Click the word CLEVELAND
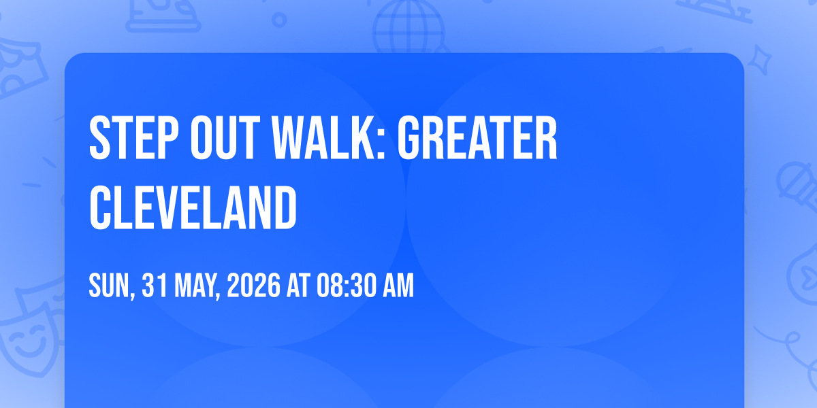[x=193, y=207]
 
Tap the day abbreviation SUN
[x=110, y=286]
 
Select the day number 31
[x=155, y=286]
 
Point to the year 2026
[x=254, y=286]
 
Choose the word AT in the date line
[x=298, y=286]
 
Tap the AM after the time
[x=398, y=286]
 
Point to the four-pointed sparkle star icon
[x=759, y=60]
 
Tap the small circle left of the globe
[x=279, y=20]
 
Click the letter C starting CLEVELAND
[x=101, y=207]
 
